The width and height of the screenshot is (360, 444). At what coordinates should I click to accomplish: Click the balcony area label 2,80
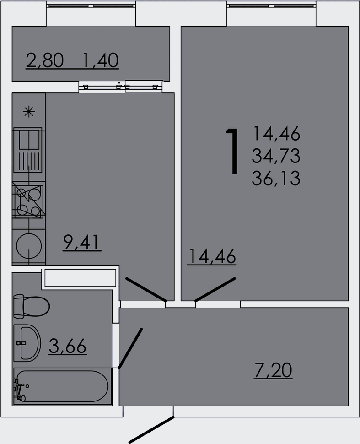pos(45,60)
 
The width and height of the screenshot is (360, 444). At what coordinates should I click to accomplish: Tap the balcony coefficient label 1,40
pos(101,60)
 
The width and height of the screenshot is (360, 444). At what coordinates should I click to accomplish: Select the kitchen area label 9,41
pos(82,243)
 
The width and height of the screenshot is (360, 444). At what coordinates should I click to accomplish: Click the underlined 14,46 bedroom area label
pos(211,257)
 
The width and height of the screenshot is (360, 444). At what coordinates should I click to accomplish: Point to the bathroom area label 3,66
pos(67,347)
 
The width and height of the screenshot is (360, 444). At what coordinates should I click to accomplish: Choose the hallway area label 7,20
pos(273,370)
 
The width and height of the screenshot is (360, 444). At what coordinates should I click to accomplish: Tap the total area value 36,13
pos(276,178)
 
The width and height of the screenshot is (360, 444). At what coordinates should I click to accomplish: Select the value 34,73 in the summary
pos(276,156)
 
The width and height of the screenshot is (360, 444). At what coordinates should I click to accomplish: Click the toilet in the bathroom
pos(31,306)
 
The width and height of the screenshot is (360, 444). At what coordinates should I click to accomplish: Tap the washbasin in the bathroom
pos(27,342)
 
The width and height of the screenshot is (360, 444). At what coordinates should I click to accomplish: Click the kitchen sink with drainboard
pos(29,146)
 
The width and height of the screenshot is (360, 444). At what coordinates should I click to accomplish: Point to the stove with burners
pos(29,200)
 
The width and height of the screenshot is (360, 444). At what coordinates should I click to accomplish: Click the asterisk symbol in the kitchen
pos(29,112)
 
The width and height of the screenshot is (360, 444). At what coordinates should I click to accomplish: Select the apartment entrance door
pos(151,430)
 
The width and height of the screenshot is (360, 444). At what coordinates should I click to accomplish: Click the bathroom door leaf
pos(130,348)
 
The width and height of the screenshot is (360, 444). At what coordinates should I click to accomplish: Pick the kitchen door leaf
pos(145,289)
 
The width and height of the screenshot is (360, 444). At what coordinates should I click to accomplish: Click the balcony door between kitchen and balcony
pos(121,86)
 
